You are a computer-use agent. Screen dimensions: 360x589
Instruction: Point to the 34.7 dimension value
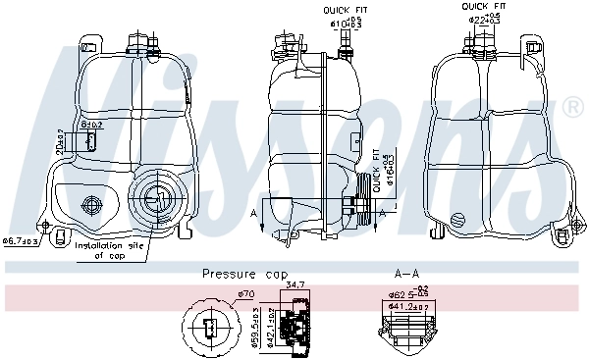tap(294, 284)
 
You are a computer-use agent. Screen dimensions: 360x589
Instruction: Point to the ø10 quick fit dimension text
tap(345, 21)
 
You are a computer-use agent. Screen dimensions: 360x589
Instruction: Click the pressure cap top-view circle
tap(210, 326)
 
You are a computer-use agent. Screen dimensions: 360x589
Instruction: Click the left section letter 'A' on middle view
tap(254, 215)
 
